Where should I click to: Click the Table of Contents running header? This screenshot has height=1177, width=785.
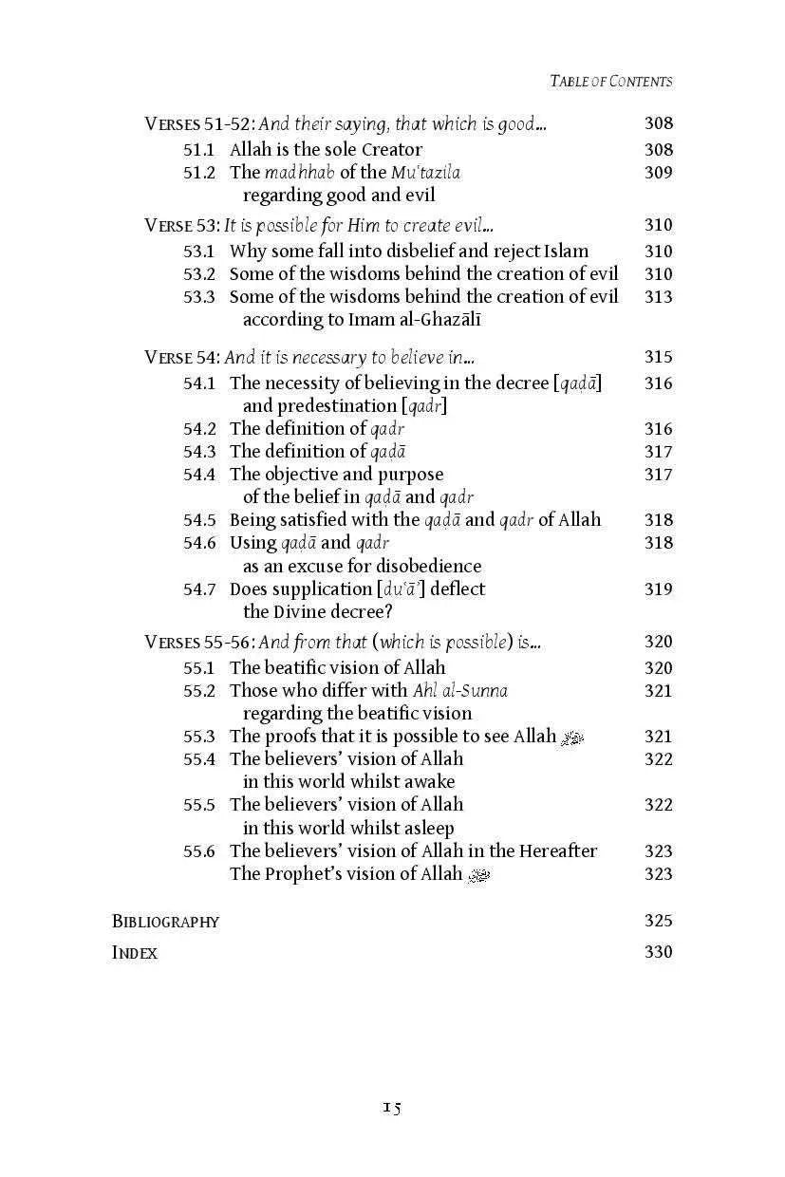(x=610, y=81)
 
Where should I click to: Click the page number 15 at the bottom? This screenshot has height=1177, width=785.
(x=392, y=1108)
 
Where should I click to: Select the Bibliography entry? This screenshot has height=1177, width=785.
(x=165, y=921)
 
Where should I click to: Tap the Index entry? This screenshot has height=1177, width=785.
(x=135, y=952)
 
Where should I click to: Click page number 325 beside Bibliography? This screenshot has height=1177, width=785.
(x=658, y=921)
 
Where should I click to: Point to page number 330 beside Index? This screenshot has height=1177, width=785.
(x=658, y=952)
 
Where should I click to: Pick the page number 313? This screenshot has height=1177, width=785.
(x=658, y=296)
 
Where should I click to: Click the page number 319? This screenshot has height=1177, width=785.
(x=658, y=588)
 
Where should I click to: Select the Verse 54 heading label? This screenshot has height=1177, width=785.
(x=182, y=357)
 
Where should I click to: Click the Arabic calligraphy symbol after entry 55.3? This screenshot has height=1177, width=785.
(x=572, y=737)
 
